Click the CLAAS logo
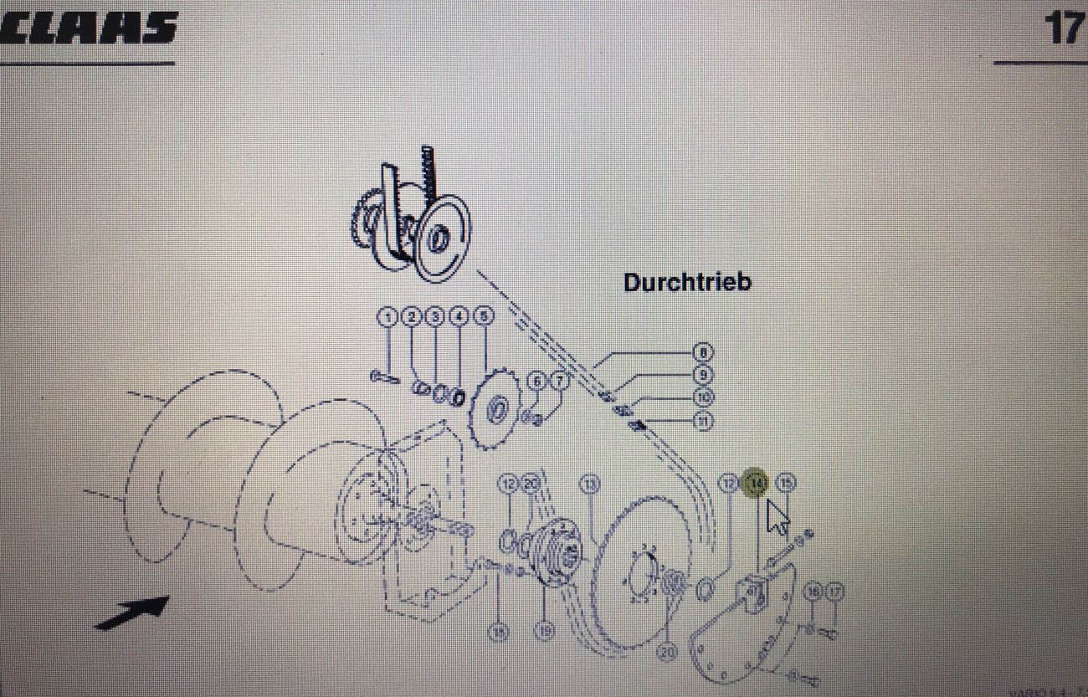pyautogui.click(x=88, y=28)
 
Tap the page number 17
pyautogui.click(x=1063, y=28)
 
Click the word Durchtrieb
pyautogui.click(x=687, y=282)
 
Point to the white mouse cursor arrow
pyautogui.click(x=778, y=517)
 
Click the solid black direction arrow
pyautogui.click(x=132, y=612)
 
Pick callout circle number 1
pyautogui.click(x=387, y=316)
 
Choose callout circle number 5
pyautogui.click(x=483, y=316)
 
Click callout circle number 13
pyautogui.click(x=591, y=484)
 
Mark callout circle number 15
pyautogui.click(x=785, y=482)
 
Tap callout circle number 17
pyautogui.click(x=834, y=592)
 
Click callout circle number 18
pyautogui.click(x=499, y=633)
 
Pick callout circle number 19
pyautogui.click(x=544, y=632)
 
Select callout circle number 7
pyautogui.click(x=558, y=382)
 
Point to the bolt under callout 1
pyautogui.click(x=385, y=377)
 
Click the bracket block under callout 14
pyautogui.click(x=751, y=595)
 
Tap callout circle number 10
pyautogui.click(x=703, y=397)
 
